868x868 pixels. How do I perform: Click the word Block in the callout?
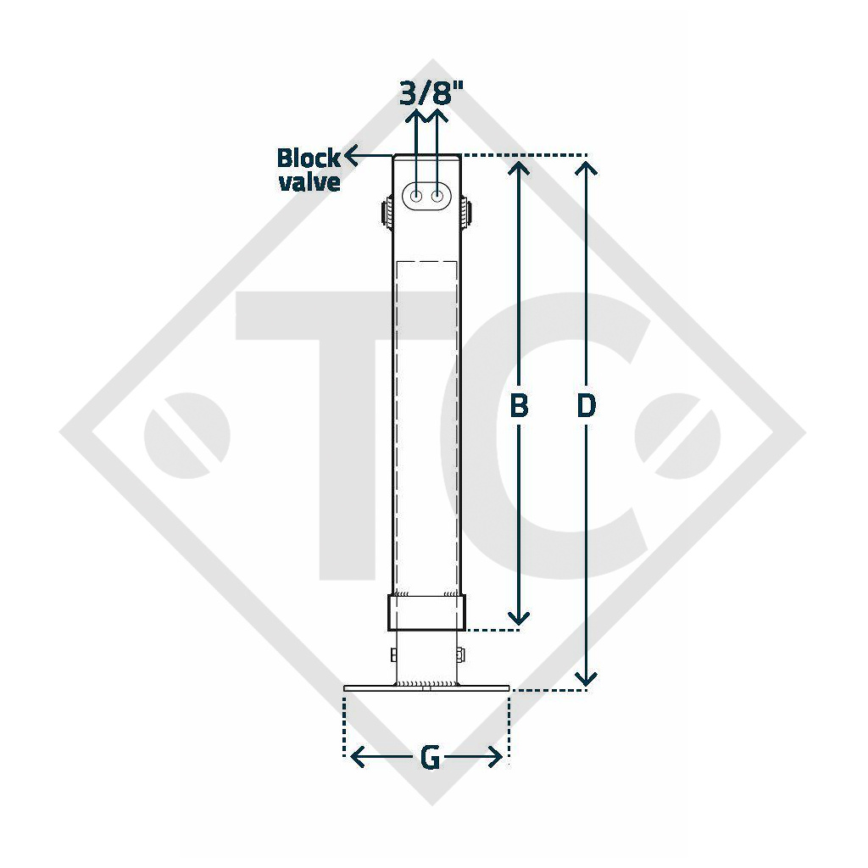(x=309, y=159)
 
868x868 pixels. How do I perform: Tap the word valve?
(x=309, y=182)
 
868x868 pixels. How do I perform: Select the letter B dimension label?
(x=519, y=406)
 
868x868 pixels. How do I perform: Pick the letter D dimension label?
(x=586, y=406)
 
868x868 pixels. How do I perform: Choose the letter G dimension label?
(x=431, y=757)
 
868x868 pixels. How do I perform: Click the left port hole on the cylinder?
(x=417, y=197)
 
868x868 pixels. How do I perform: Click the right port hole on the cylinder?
(x=438, y=197)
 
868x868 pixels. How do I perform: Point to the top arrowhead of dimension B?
(x=520, y=164)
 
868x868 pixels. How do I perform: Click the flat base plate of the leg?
(x=426, y=687)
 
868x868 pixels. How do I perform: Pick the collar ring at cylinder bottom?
(x=426, y=612)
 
